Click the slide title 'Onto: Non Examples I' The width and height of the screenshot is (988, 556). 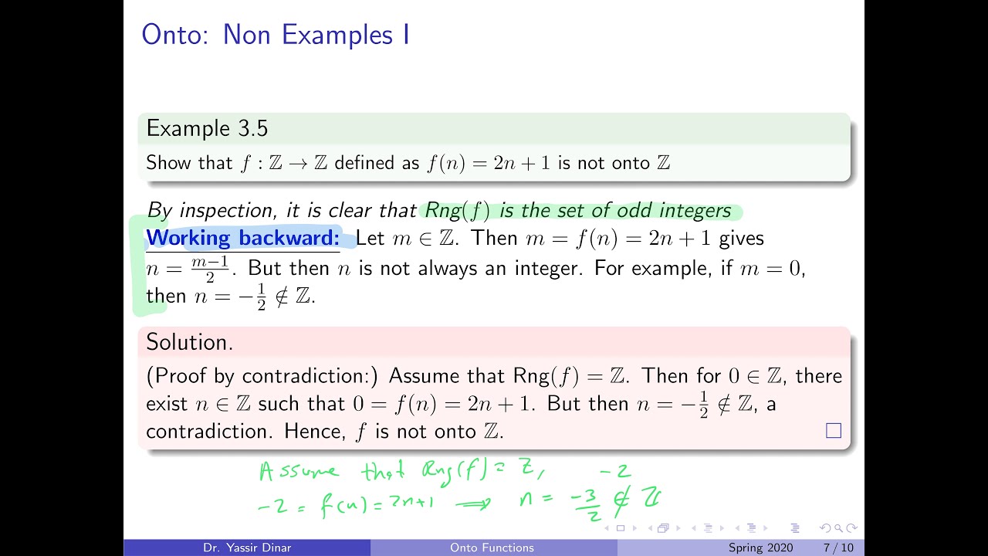276,36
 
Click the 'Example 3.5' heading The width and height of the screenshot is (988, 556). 207,128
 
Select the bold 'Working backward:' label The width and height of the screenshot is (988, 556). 242,238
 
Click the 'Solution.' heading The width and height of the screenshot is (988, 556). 189,342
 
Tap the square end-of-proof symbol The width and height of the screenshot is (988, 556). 834,431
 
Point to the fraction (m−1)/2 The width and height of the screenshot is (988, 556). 210,269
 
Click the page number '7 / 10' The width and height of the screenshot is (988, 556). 838,548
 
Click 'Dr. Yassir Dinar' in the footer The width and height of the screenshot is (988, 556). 247,548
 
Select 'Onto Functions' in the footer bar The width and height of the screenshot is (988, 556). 492,548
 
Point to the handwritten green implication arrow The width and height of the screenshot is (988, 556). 473,504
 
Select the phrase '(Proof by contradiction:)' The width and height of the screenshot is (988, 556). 262,376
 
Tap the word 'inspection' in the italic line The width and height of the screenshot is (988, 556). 227,211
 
